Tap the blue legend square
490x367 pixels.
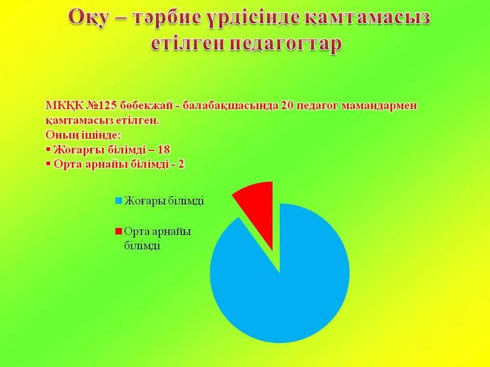pos(118,201)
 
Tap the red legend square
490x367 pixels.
pos(118,231)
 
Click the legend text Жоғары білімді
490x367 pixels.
pos(164,200)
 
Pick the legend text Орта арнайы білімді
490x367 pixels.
pos(158,239)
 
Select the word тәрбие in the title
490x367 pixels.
pos(166,17)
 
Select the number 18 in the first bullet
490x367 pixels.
pos(164,150)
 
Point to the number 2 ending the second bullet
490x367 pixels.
pos(181,164)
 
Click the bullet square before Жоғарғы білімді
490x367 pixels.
pos(48,149)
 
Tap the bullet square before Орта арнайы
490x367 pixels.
pos(48,164)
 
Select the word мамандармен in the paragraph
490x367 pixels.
pos(379,106)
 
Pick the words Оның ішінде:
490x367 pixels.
pos(83,135)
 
